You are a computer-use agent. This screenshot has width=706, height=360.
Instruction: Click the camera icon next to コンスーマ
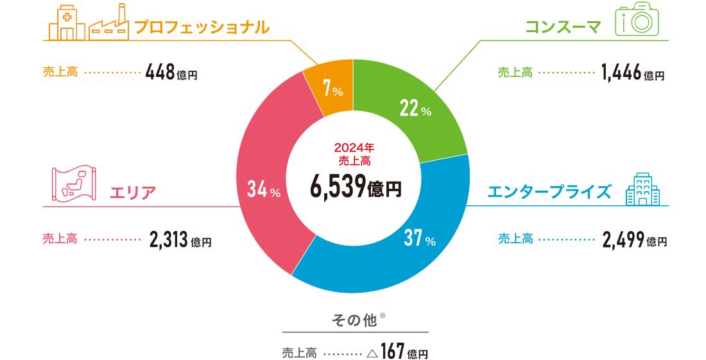coord(637,22)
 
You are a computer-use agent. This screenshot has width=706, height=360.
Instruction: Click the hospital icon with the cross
coord(67,24)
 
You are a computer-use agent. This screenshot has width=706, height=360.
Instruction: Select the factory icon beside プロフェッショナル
coord(108,24)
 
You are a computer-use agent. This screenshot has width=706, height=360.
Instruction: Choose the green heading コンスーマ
coord(563,27)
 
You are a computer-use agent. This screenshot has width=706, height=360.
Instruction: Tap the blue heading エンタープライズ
coord(548,191)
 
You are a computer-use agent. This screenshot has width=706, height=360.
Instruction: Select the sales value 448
coord(160,72)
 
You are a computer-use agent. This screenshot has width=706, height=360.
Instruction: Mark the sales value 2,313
coord(169,241)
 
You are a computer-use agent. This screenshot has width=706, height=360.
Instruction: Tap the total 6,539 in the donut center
coord(338,187)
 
